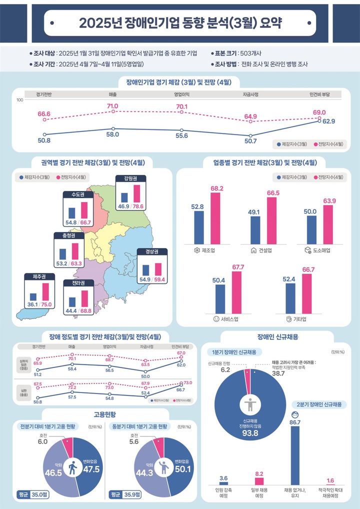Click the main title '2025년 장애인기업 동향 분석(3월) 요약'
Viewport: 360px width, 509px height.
pyautogui.click(x=180, y=23)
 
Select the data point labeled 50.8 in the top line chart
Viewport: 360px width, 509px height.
pyautogui.click(x=44, y=134)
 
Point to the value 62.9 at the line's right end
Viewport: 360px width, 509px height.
pyautogui.click(x=328, y=121)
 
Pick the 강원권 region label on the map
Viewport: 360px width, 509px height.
pyautogui.click(x=131, y=178)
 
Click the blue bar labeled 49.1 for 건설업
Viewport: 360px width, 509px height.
pyautogui.click(x=255, y=228)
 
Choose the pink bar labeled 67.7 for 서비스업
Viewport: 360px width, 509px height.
pyautogui.click(x=236, y=291)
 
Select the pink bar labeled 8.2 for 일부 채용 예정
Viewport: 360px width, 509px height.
pyautogui.click(x=259, y=481)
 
